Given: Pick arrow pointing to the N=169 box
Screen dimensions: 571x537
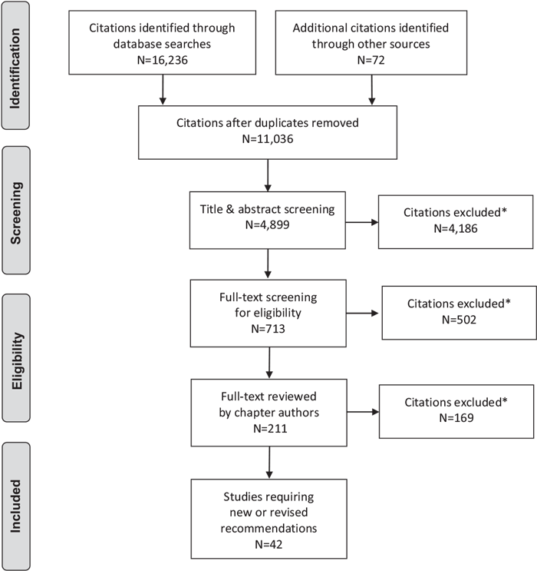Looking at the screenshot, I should pyautogui.click(x=362, y=413).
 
